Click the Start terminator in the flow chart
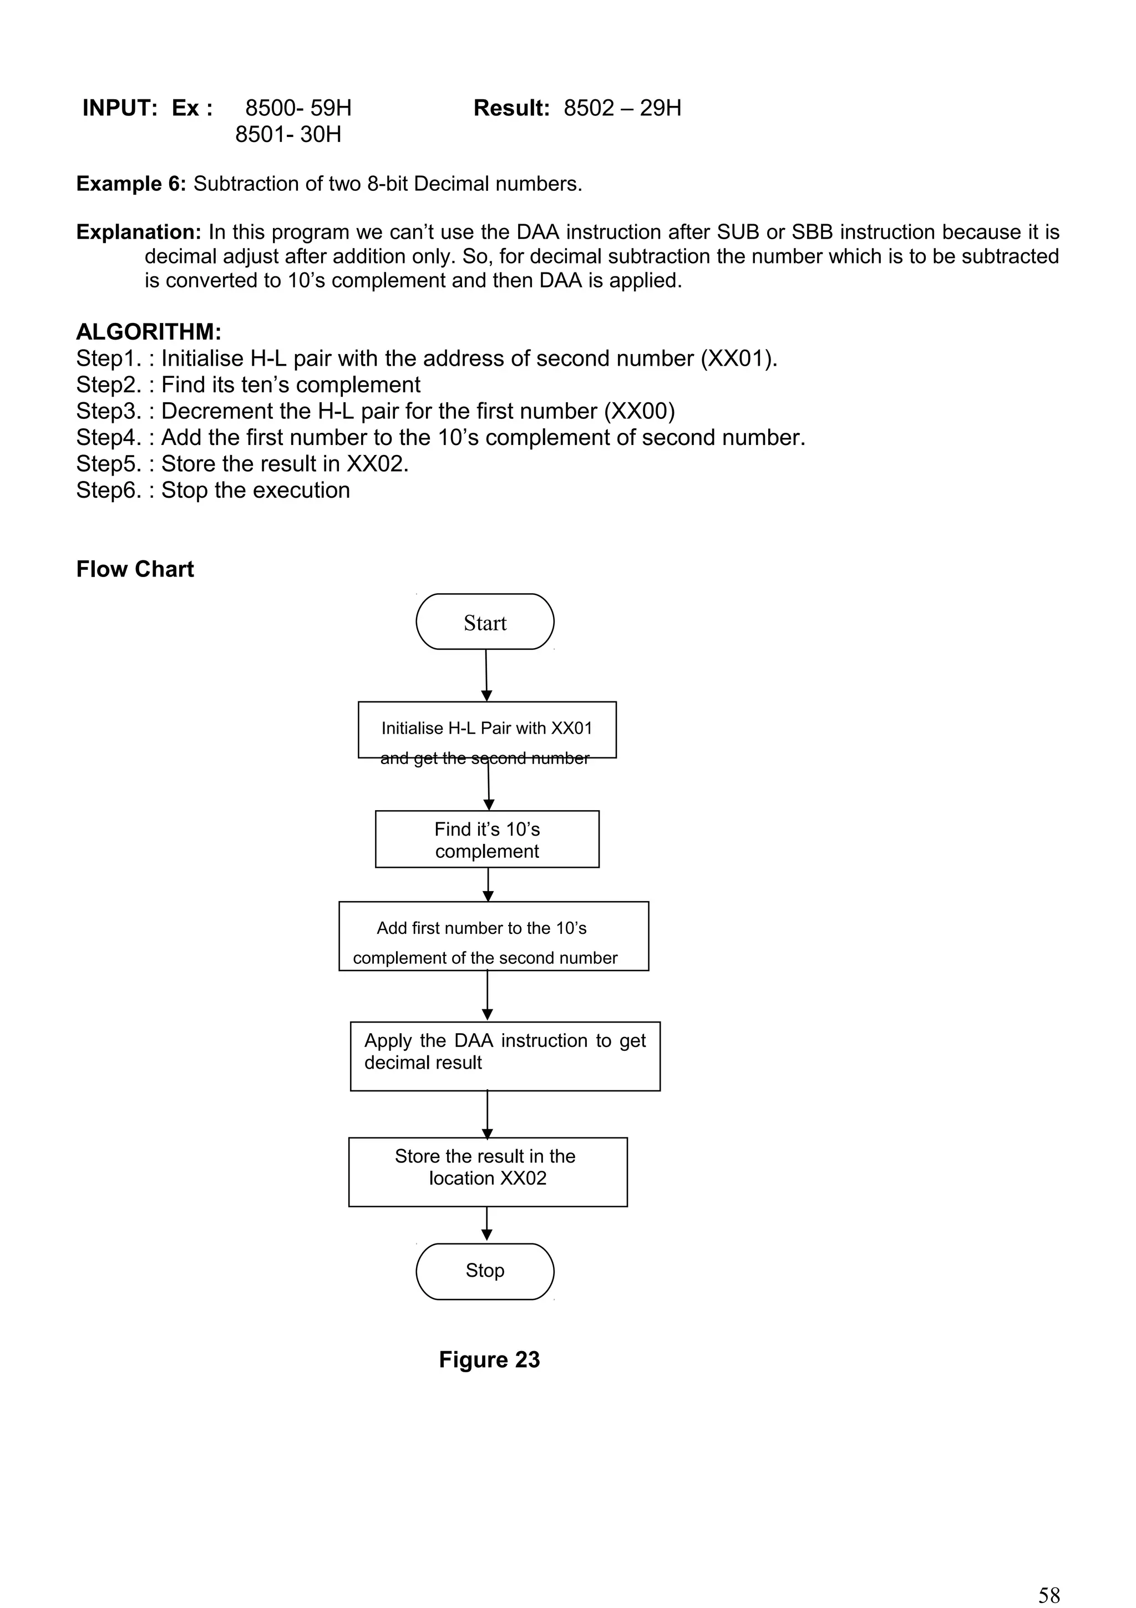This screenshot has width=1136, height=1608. pos(484,622)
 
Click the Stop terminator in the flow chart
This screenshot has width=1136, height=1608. pos(484,1271)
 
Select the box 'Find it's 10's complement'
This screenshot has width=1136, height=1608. pos(487,839)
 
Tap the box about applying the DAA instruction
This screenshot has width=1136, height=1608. pos(505,1055)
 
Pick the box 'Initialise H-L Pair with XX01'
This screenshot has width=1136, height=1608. pos(487,729)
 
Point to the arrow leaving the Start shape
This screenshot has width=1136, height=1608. pos(486,674)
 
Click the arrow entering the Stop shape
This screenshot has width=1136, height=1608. pos(487,1224)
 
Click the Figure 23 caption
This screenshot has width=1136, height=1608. pos(489,1359)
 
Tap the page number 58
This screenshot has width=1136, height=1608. pos(1048,1595)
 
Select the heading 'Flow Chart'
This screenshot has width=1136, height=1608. pos(135,569)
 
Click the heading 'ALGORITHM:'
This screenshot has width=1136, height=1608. pos(149,331)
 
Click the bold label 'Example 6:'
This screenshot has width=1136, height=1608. pos(131,184)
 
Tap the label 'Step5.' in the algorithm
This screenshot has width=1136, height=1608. pos(109,464)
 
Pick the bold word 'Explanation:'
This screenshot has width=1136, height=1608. pos(139,232)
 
